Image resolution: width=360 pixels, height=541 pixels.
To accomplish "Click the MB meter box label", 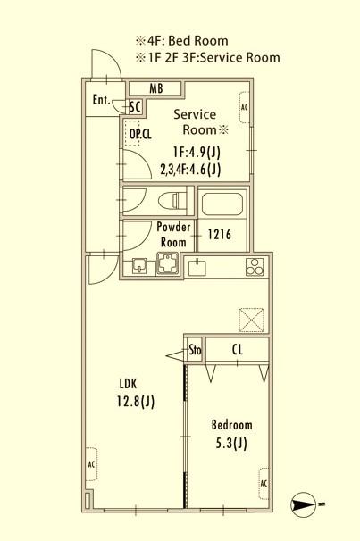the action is click(x=156, y=88).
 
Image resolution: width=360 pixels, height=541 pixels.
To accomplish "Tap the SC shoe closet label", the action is click(x=135, y=107).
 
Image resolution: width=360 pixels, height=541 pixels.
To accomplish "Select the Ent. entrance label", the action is click(x=102, y=100).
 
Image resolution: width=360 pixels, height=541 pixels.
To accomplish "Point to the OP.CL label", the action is click(x=140, y=134).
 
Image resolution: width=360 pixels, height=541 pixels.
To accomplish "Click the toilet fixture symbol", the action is click(x=172, y=200).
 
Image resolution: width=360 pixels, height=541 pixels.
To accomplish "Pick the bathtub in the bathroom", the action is click(x=222, y=204).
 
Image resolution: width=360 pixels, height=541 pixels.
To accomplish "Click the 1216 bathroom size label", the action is click(x=220, y=235).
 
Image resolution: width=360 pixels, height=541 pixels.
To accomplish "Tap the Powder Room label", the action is click(x=173, y=235).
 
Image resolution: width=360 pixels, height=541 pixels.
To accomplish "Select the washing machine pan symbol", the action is click(x=168, y=263).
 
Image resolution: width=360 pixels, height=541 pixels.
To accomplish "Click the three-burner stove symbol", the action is click(x=255, y=267).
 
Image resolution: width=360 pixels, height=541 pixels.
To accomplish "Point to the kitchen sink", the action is click(x=197, y=267).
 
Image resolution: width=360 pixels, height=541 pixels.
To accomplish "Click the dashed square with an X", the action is click(x=252, y=320).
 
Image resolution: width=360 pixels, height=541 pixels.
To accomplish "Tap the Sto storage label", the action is click(x=195, y=350).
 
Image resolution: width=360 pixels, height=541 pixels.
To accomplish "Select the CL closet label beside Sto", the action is click(x=237, y=350).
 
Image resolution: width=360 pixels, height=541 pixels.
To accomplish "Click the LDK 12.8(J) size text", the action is click(x=136, y=393).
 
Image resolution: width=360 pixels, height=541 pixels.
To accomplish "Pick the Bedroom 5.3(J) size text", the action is click(x=231, y=434).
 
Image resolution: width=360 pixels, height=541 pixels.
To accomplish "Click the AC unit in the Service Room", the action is click(x=245, y=107).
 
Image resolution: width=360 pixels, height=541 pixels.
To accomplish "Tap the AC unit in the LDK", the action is click(x=91, y=464).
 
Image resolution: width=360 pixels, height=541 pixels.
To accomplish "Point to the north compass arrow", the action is click(x=303, y=504).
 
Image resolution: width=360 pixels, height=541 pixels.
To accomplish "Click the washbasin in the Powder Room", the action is click(x=139, y=266).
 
